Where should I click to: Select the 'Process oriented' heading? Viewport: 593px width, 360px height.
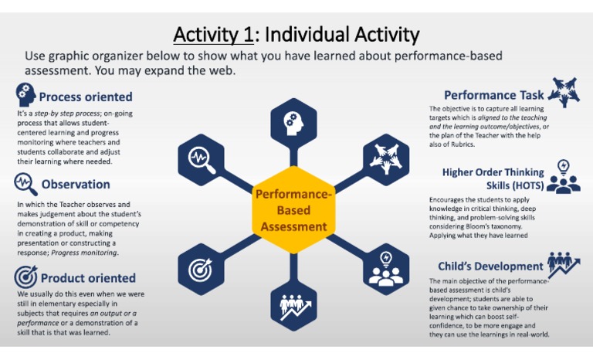click(x=86, y=97)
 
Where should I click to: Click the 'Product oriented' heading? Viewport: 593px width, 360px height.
click(x=87, y=278)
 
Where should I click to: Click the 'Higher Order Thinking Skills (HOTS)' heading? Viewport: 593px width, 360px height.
click(x=493, y=178)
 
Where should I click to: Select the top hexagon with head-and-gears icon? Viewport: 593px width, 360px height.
click(x=293, y=121)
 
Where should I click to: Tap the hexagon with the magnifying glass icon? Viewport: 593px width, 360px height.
click(x=201, y=158)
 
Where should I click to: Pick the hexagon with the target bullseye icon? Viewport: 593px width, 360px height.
click(x=201, y=267)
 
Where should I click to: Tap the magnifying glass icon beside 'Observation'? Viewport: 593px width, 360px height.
click(x=25, y=184)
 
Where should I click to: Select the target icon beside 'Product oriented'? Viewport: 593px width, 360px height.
click(x=25, y=277)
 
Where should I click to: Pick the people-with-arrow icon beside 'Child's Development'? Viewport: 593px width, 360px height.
click(x=564, y=264)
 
